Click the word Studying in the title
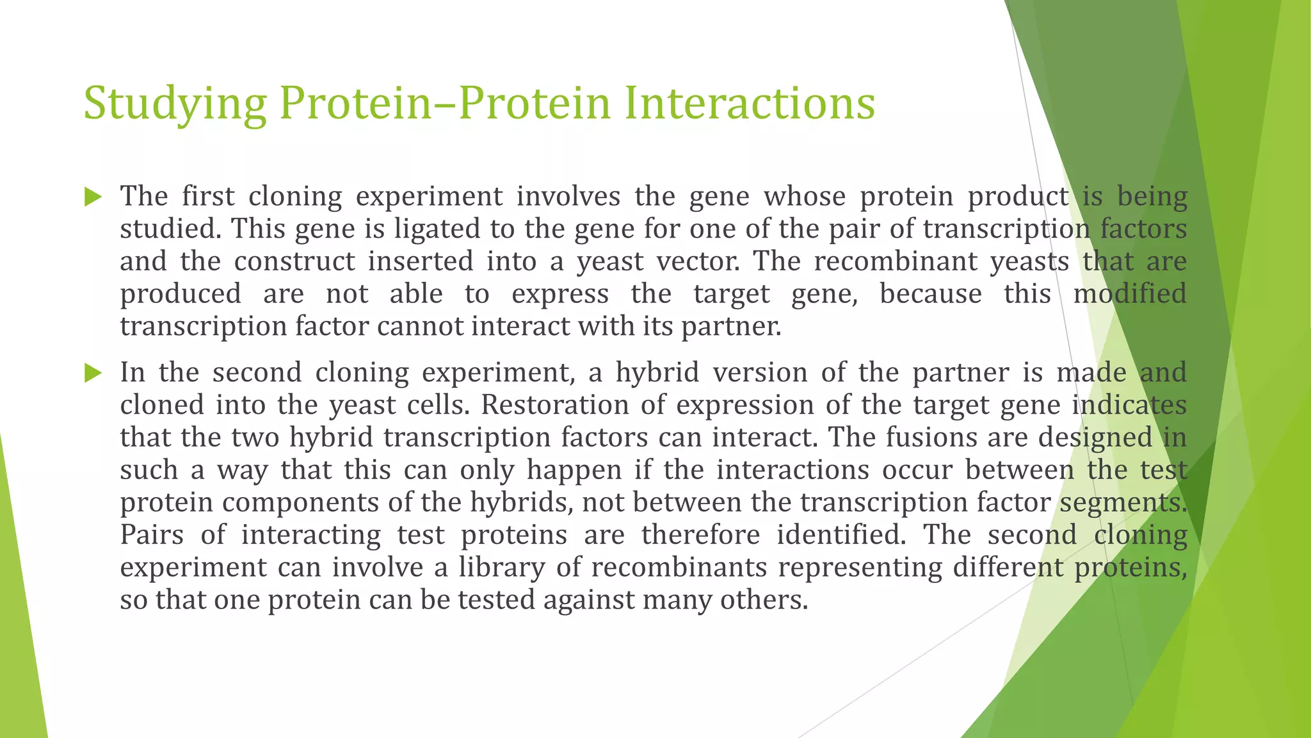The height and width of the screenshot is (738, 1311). [175, 104]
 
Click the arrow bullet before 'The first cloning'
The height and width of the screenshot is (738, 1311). [93, 197]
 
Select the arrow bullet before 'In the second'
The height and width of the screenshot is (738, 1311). [93, 373]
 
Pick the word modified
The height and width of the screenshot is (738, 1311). [1130, 294]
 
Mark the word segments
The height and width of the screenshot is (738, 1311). [1123, 503]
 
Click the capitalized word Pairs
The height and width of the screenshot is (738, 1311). [152, 535]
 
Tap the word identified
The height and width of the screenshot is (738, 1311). [841, 535]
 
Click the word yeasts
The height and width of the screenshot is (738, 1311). [1029, 262]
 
